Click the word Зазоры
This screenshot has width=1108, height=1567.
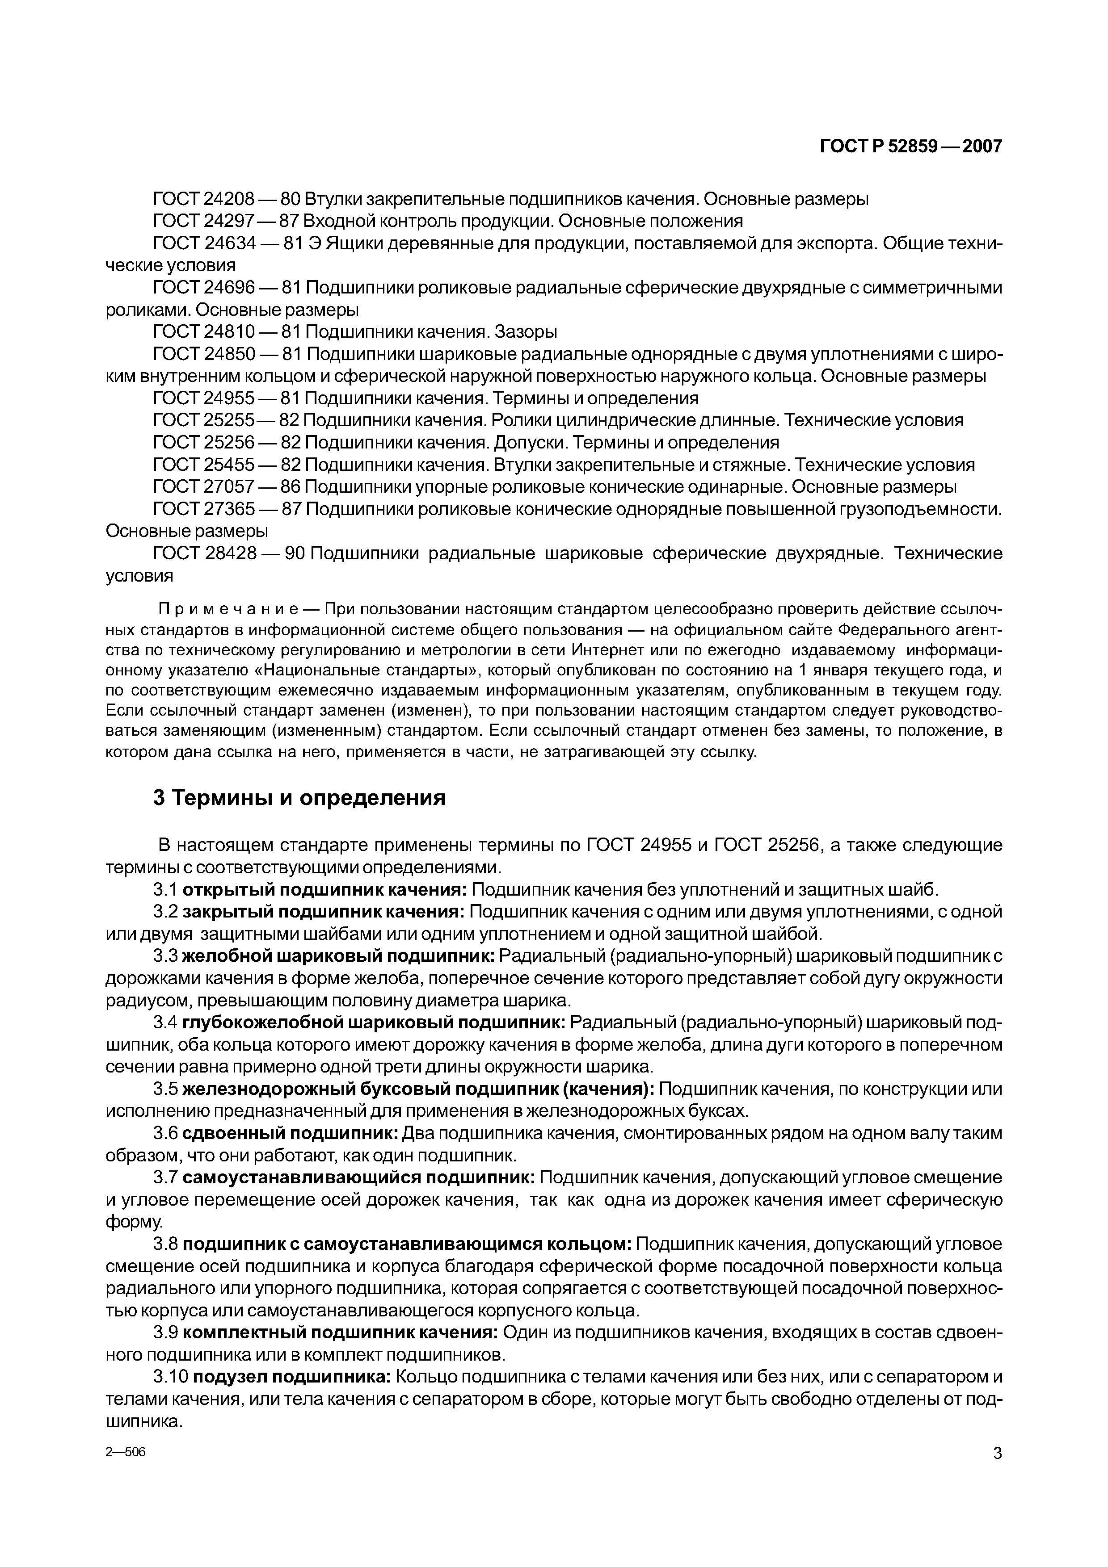coord(526,332)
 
